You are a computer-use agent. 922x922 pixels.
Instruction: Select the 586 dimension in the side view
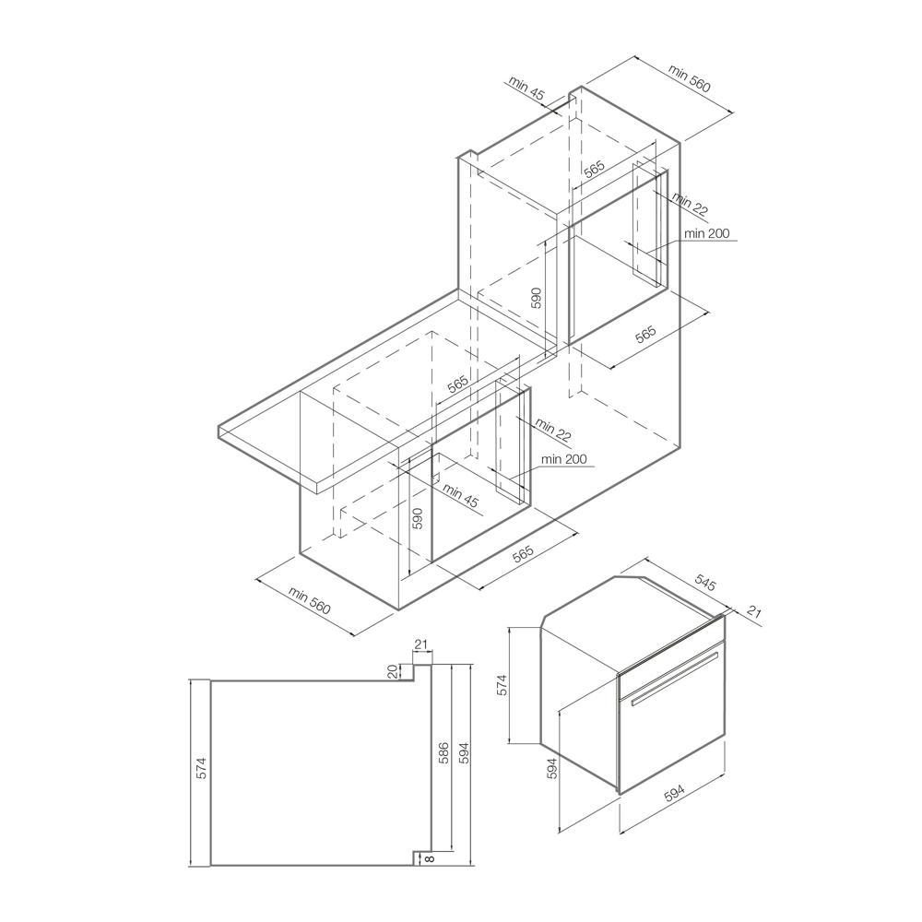tap(444, 753)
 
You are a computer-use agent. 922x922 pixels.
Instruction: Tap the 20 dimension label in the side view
tap(393, 671)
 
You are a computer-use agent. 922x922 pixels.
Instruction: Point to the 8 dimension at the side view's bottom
tap(429, 859)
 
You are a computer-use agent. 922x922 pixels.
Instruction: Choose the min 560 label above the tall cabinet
tap(689, 78)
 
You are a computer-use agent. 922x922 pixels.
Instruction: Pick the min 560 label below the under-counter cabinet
tap(309, 600)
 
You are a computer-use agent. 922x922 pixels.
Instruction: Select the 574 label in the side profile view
tap(202, 768)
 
